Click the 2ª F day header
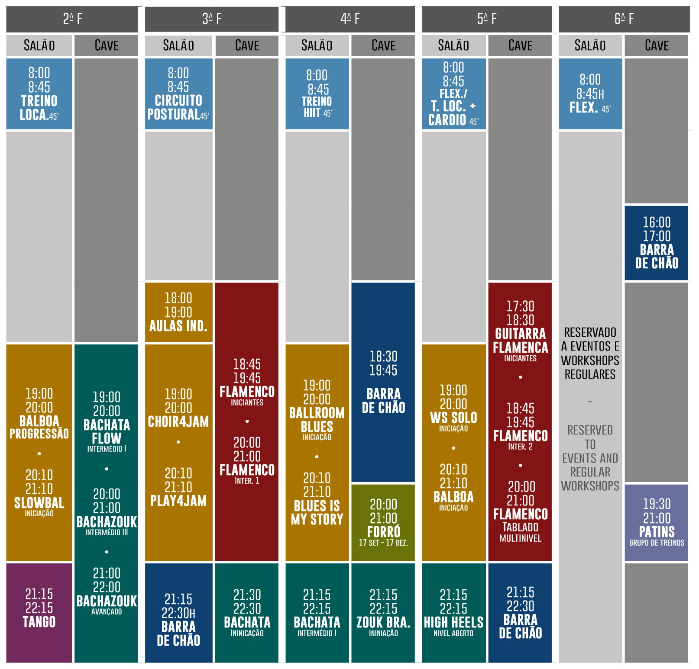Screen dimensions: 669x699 coord(72,19)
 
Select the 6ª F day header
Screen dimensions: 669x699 coord(624,19)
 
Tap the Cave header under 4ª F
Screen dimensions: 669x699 coord(383,45)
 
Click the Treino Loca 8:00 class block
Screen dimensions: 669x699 coord(39,94)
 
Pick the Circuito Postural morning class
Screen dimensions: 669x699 coord(178,94)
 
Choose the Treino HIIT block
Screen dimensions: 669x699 coord(317,94)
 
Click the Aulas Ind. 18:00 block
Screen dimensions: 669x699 coord(178,312)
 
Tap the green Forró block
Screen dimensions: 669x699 coord(383,522)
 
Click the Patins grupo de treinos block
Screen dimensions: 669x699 coord(656,522)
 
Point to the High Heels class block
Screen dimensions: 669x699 coord(453,612)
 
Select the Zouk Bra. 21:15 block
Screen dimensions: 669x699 coord(383,612)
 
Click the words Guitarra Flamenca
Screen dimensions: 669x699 coord(520,341)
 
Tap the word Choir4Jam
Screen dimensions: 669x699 coord(178,421)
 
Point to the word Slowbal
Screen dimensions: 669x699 coord(39,503)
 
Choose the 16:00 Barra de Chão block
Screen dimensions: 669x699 coord(656,243)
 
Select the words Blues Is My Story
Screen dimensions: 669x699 coord(317,512)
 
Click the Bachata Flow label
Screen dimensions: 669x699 coord(107,431)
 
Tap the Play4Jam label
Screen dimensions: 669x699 coord(178,501)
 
